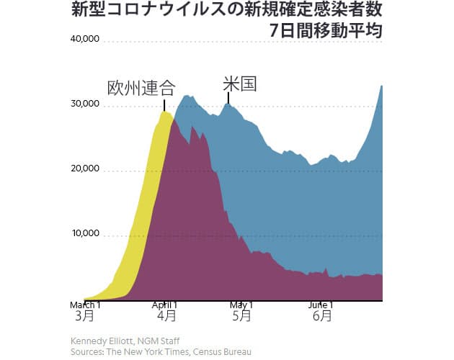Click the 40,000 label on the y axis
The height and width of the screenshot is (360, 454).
pyautogui.click(x=84, y=39)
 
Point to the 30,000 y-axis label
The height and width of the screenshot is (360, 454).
pyautogui.click(x=84, y=104)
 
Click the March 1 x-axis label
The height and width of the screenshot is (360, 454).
pyautogui.click(x=84, y=305)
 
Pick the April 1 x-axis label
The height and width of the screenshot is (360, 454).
pyautogui.click(x=166, y=305)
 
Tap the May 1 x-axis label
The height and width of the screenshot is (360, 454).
pyautogui.click(x=242, y=305)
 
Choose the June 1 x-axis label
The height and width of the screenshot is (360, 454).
pyautogui.click(x=321, y=305)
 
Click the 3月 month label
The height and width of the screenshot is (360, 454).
pyautogui.click(x=84, y=316)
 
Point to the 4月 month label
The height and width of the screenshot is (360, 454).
pyautogui.click(x=166, y=316)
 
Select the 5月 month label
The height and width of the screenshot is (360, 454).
pyautogui.click(x=242, y=316)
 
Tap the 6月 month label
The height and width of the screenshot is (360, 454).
pyautogui.click(x=321, y=316)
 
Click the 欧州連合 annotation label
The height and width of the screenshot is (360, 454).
pyautogui.click(x=141, y=89)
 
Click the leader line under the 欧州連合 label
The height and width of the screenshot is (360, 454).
pyautogui.click(x=164, y=105)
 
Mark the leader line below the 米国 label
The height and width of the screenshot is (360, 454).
pyautogui.click(x=228, y=98)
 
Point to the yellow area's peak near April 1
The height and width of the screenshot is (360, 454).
pyautogui.click(x=165, y=112)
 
